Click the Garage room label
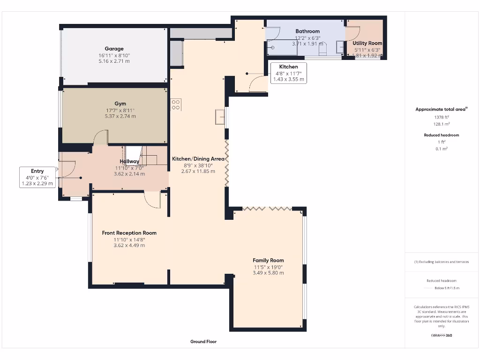[114, 49]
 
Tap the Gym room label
[120, 104]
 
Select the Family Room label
[268, 260]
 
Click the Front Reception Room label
[129, 233]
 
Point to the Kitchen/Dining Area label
[198, 159]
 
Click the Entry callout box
[37, 177]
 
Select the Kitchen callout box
[288, 73]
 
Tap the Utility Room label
[367, 43]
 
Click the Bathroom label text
[307, 31]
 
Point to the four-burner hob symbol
[176, 105]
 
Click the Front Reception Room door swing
[152, 200]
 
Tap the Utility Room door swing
[353, 33]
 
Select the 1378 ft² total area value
[441, 117]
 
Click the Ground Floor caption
[203, 342]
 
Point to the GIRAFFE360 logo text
[441, 335]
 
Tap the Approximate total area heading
[441, 109]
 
